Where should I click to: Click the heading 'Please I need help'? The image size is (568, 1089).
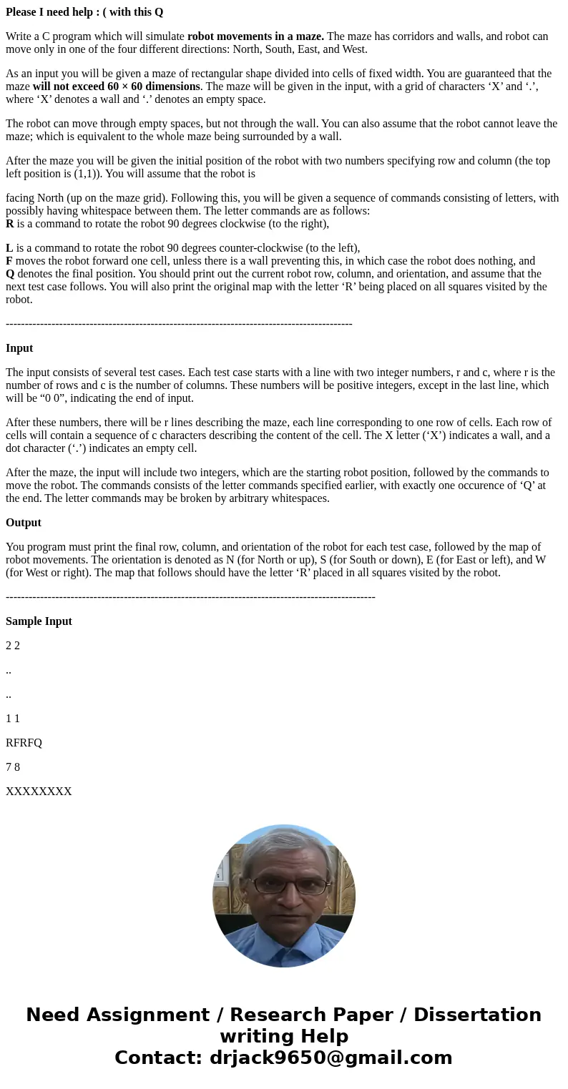tap(84, 12)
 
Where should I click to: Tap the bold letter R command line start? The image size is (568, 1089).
tap(10, 224)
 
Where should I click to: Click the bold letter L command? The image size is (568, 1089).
tap(9, 248)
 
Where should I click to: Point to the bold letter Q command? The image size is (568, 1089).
tap(10, 274)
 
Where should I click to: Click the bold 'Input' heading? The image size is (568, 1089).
tap(19, 348)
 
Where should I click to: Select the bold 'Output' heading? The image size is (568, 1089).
tap(24, 523)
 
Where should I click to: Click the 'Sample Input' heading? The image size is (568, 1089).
tap(39, 621)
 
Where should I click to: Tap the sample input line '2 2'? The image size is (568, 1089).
tap(13, 646)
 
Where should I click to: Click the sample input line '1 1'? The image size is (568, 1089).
tap(13, 719)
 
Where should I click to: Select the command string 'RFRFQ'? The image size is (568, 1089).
tap(24, 743)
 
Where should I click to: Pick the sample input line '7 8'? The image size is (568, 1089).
tap(13, 767)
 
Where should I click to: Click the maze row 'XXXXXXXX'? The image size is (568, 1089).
tap(39, 792)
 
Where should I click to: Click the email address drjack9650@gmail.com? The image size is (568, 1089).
tap(330, 1058)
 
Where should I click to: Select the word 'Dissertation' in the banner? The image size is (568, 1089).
tap(477, 1015)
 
